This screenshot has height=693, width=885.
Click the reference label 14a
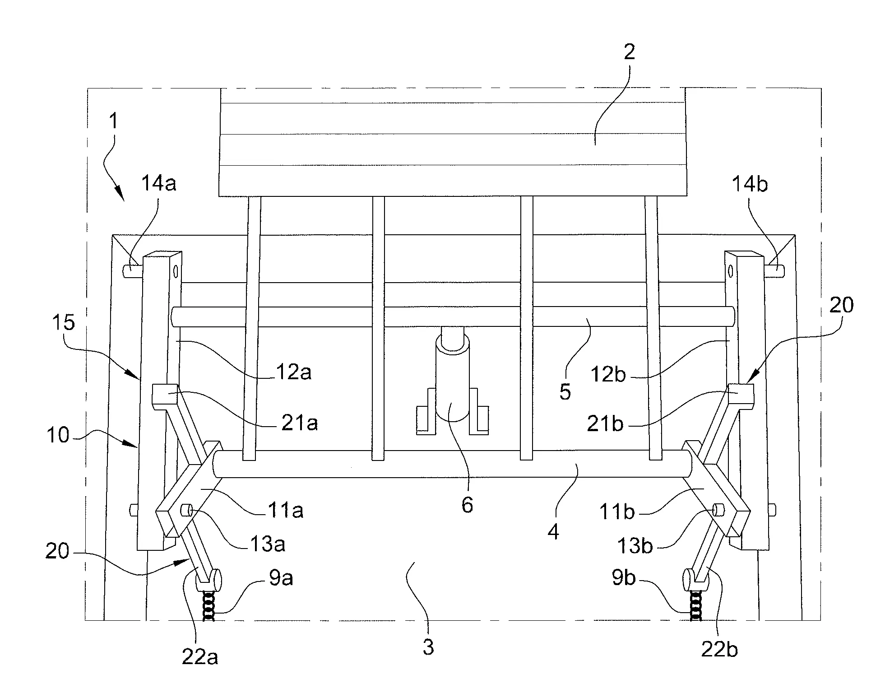pyautogui.click(x=158, y=183)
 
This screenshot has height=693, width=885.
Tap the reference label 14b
pyautogui.click(x=750, y=184)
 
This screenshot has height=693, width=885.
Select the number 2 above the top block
pyautogui.click(x=629, y=52)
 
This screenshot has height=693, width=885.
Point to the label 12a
pyautogui.click(x=294, y=372)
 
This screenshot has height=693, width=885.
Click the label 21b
pyautogui.click(x=605, y=423)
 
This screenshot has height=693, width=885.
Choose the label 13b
pyautogui.click(x=635, y=545)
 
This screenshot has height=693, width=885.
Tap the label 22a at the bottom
pyautogui.click(x=200, y=657)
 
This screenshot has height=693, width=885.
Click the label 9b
pyautogui.click(x=624, y=577)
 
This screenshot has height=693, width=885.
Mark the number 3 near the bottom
pyautogui.click(x=428, y=647)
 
